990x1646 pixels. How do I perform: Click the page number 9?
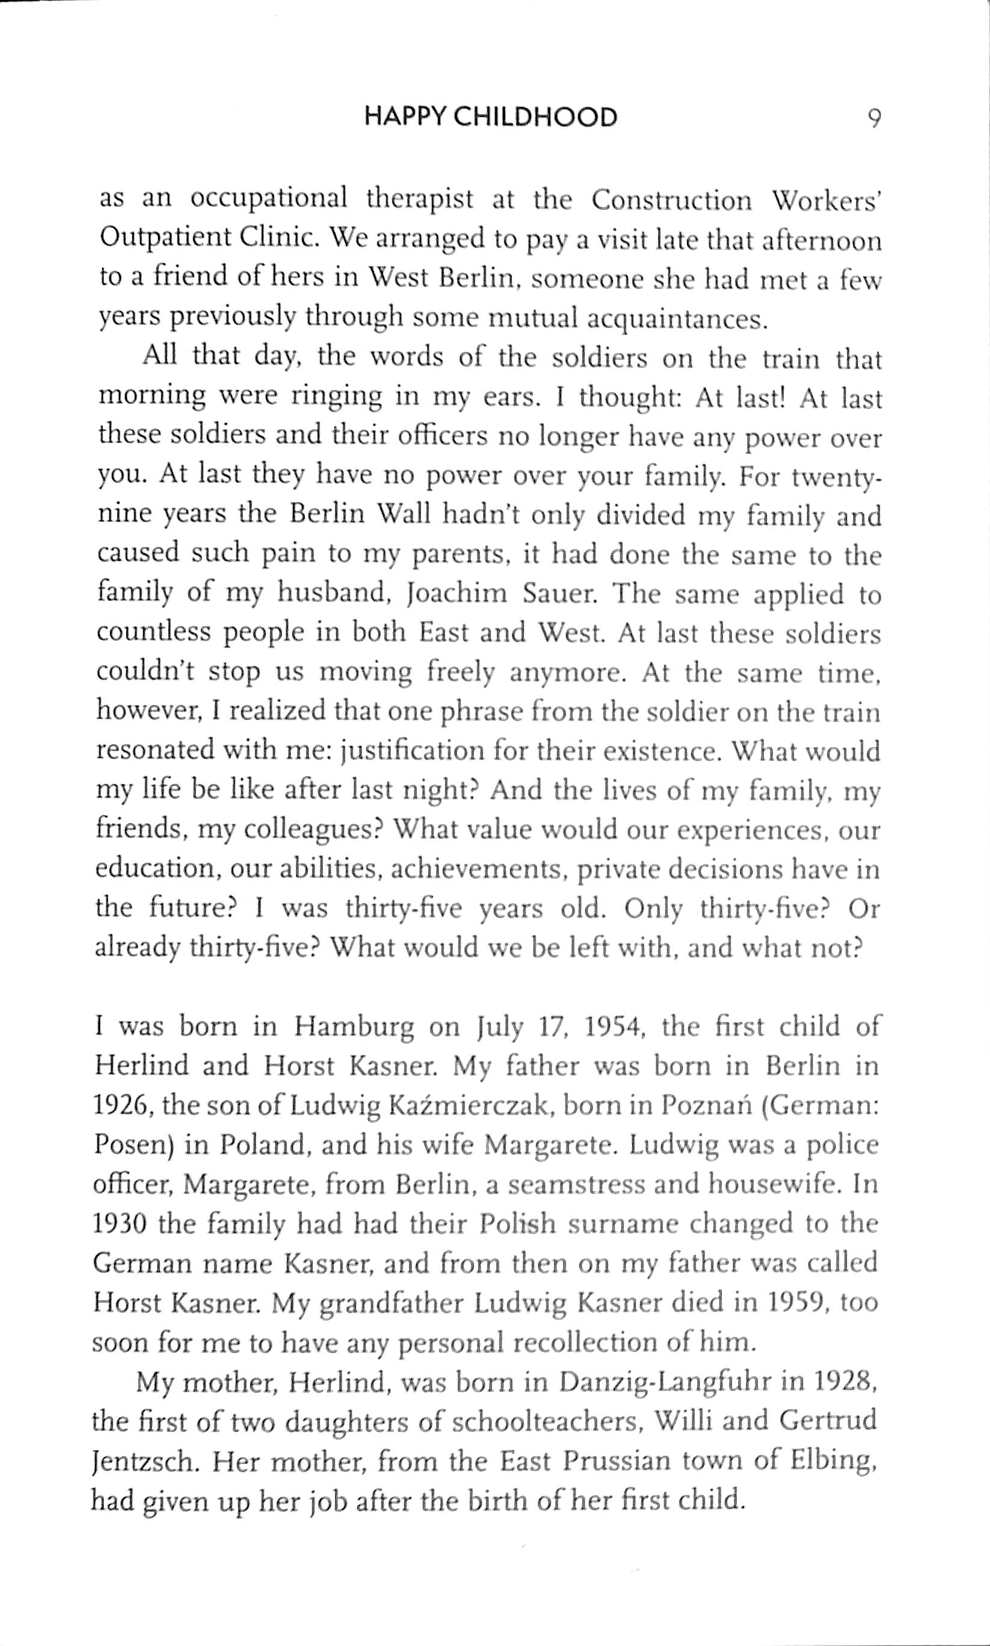(874, 119)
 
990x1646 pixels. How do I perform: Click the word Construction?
(670, 200)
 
